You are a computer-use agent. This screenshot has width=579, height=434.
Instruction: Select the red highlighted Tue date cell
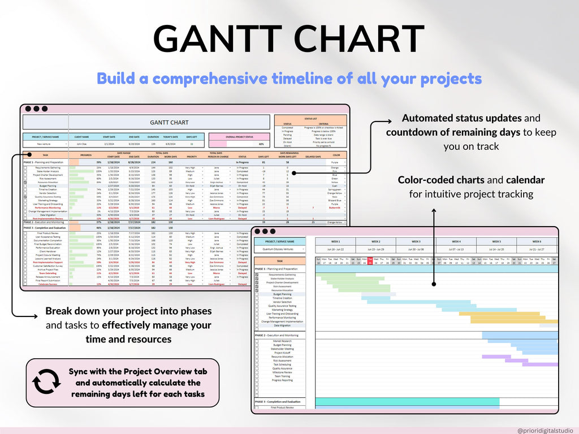click(370, 261)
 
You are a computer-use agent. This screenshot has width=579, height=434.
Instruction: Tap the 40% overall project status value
click(245, 144)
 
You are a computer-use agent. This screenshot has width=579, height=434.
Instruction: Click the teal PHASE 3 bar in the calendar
click(407, 402)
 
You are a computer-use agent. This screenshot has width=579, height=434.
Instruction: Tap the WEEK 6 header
click(537, 241)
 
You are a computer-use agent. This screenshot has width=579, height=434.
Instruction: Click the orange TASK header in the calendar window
click(282, 262)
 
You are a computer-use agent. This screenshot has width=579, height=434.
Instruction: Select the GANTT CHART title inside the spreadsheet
click(169, 122)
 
